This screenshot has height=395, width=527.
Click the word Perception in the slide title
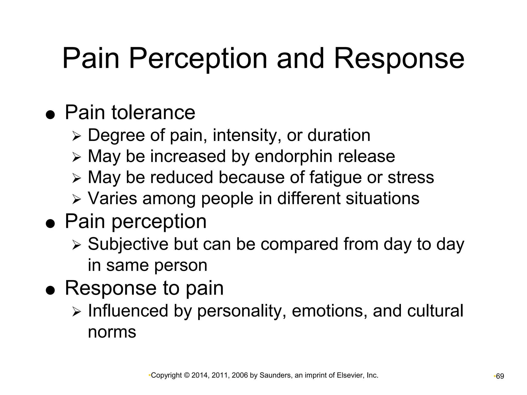click(198, 59)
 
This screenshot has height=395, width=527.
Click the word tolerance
click(153, 112)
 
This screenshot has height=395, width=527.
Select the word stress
click(411, 177)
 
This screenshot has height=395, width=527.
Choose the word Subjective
click(128, 244)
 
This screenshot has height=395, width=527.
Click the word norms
click(112, 332)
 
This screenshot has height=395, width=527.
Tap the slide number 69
click(500, 376)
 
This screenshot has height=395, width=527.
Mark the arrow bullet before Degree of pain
click(76, 136)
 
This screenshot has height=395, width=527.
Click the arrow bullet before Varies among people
click(76, 199)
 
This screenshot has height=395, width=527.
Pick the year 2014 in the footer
click(200, 375)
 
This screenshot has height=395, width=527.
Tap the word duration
click(339, 135)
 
